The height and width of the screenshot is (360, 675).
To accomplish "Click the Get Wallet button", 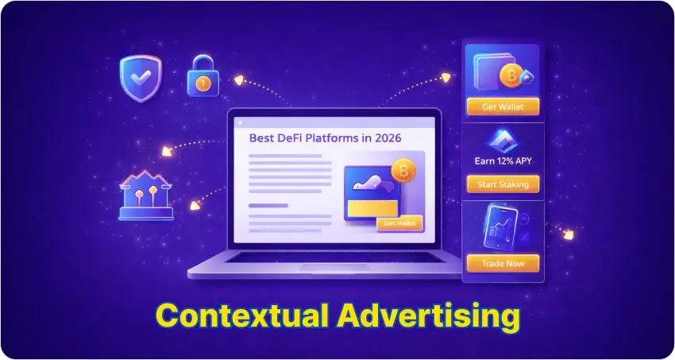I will click(x=502, y=106).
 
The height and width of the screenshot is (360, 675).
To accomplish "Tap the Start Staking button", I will click(x=502, y=184).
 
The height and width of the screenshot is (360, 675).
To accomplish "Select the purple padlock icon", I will click(x=202, y=76).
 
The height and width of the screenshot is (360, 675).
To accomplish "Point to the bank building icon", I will click(x=145, y=196).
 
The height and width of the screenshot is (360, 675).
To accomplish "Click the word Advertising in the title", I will click(x=429, y=315).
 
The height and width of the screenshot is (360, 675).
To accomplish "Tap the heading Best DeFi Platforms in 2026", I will click(x=325, y=137).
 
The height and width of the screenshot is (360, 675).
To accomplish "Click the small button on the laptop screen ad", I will click(x=399, y=223).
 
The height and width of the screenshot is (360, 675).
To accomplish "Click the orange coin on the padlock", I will click(x=202, y=82).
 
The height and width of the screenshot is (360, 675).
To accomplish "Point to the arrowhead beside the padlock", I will click(x=237, y=79).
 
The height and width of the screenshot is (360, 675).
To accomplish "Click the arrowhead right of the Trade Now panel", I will click(x=569, y=234).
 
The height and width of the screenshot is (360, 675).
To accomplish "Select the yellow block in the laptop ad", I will click(x=372, y=208).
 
